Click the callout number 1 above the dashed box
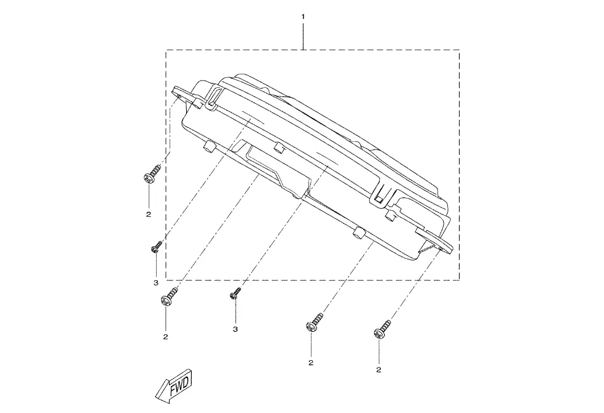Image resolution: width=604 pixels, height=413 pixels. [x=303, y=17]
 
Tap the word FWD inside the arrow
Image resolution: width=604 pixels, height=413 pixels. [x=179, y=383]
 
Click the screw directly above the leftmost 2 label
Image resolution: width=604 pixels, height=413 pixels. [x=152, y=175]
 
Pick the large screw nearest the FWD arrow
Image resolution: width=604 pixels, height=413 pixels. [x=169, y=297]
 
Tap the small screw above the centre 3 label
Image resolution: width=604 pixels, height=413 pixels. [x=235, y=293]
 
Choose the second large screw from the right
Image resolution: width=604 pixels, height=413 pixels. [x=315, y=323]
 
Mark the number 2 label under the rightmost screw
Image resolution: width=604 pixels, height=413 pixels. [x=378, y=370]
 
